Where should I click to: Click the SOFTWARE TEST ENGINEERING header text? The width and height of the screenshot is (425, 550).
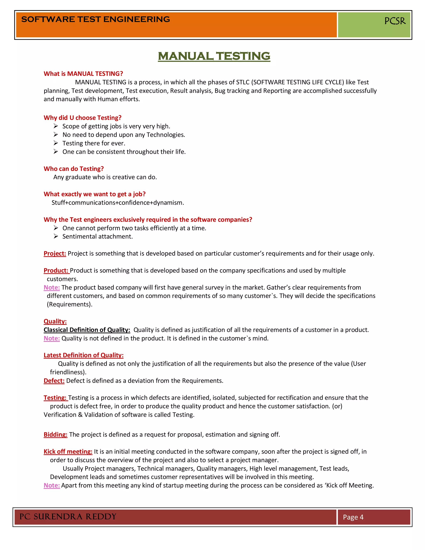coord(95,19)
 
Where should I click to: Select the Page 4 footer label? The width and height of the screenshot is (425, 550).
coord(353,517)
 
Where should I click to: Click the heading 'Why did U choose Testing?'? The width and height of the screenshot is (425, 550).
coord(82,118)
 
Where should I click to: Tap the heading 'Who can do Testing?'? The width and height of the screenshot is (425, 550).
coord(73,169)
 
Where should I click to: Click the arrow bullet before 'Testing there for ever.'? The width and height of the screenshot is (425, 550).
coord(56,143)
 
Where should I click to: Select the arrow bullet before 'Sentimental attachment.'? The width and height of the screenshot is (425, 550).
coord(56,236)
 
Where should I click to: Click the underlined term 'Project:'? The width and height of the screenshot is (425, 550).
coord(55,253)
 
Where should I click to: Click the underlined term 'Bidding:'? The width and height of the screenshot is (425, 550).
coord(55,434)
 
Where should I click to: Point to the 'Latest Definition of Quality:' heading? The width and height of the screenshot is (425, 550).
coord(83,355)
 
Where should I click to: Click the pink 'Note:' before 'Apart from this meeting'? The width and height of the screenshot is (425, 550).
coord(52,485)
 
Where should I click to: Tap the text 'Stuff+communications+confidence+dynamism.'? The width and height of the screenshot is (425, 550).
coord(118,203)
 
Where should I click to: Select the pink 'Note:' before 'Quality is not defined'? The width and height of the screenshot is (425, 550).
coord(52,338)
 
